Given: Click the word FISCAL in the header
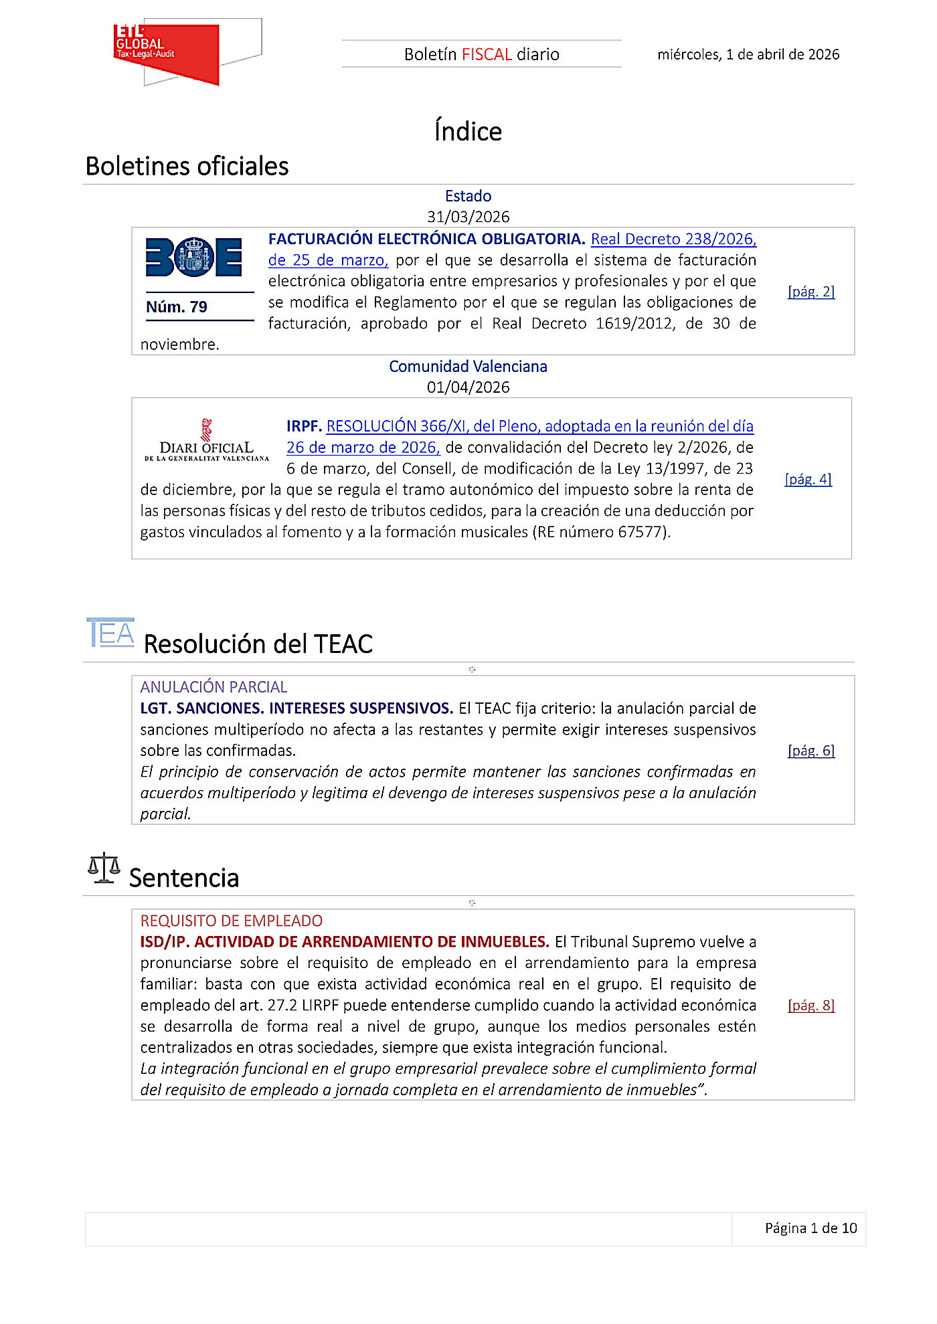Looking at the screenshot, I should click(487, 54).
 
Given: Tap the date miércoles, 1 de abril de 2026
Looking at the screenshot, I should click(748, 54).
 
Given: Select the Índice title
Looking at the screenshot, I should click(468, 131).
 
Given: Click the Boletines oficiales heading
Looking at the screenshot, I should click(187, 166).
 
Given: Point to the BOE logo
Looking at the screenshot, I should click(193, 257).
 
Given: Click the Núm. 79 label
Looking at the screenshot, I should click(177, 307).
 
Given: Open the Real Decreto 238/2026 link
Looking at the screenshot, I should click(673, 240).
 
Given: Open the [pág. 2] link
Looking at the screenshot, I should click(811, 292).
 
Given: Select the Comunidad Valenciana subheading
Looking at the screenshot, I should click(468, 367).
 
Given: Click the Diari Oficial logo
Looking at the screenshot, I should click(206, 442).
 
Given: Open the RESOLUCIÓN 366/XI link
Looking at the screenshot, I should click(539, 426).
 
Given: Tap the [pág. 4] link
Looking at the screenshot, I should click(808, 479).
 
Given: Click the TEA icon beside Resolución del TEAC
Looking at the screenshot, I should click(110, 633).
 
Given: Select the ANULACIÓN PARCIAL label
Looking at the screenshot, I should click(214, 687).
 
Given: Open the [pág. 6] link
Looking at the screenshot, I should click(811, 751).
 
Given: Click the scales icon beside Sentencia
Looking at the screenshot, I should click(104, 868).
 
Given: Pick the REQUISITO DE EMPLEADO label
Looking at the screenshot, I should click(231, 921).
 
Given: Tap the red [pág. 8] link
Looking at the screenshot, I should click(811, 1006).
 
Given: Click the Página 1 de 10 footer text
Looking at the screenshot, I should click(811, 1228).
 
